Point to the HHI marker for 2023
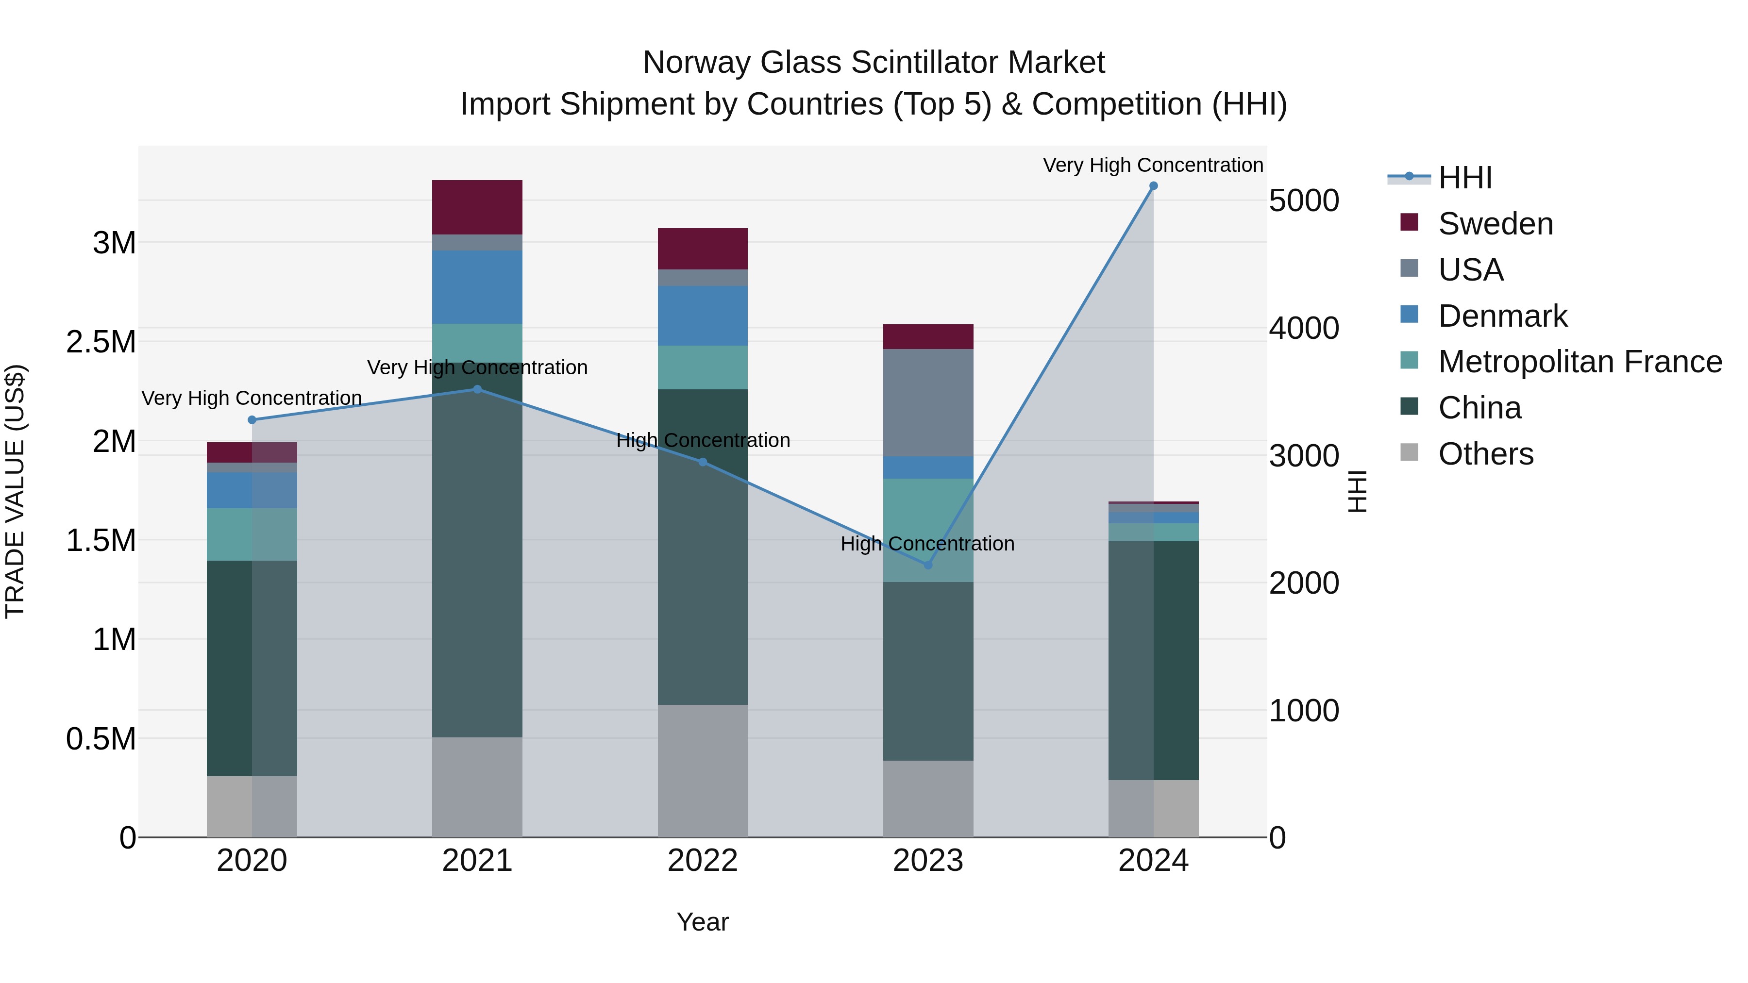[x=928, y=565]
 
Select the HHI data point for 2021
[x=477, y=389]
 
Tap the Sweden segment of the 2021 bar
[x=477, y=207]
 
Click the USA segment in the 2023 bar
[x=928, y=402]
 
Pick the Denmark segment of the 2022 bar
[x=702, y=316]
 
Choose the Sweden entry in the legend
[x=1495, y=224]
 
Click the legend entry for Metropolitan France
[x=1579, y=362]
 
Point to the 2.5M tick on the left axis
[x=101, y=342]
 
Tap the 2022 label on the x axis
[x=702, y=861]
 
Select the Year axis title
[x=702, y=922]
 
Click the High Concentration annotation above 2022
[x=703, y=440]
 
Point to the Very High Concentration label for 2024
[x=1152, y=165]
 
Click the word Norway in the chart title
[x=697, y=63]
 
